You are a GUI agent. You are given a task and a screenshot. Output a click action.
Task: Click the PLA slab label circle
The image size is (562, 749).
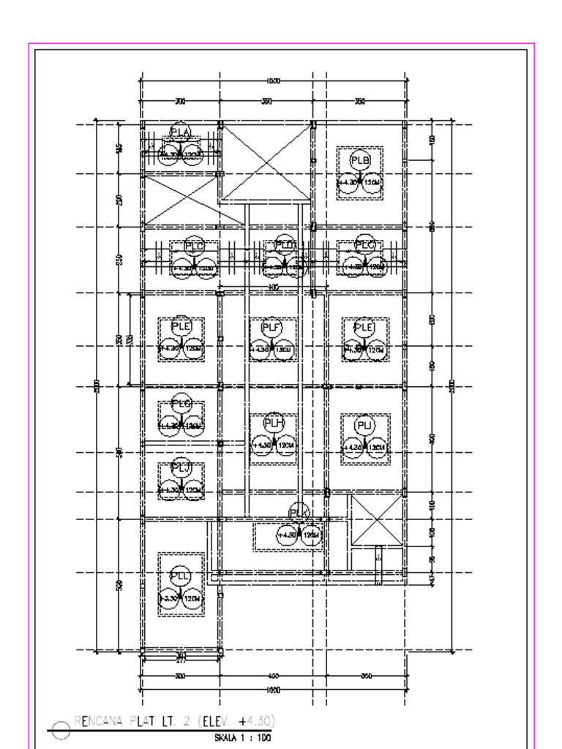point(180,132)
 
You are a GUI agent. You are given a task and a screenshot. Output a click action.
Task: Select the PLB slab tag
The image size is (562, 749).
point(360,161)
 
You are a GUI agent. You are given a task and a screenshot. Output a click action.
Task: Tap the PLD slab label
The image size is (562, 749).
point(284,246)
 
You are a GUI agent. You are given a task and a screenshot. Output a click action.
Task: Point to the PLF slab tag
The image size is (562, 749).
point(271,328)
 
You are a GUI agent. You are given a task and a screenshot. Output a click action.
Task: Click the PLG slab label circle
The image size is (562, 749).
point(181,404)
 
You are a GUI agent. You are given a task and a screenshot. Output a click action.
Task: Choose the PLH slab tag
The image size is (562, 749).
point(273,423)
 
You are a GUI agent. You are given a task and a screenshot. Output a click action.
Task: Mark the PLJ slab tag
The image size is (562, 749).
point(181,467)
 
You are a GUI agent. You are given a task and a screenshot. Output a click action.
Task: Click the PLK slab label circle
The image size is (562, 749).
point(299,513)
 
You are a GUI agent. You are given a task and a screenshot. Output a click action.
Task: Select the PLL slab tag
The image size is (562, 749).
point(180,576)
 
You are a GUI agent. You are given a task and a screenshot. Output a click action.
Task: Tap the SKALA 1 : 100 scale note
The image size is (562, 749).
point(242,738)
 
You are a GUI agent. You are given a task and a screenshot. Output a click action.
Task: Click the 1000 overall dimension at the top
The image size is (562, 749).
point(274,81)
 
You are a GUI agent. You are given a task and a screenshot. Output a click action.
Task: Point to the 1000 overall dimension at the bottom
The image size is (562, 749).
point(274,690)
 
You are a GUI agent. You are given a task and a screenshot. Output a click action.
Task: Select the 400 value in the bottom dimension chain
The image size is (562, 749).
point(274,676)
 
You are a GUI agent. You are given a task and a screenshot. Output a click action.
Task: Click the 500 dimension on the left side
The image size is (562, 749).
point(120,584)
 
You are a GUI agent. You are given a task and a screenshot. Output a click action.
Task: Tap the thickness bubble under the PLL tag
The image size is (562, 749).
point(192,599)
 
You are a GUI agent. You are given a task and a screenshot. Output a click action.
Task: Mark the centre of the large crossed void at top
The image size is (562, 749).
point(266,162)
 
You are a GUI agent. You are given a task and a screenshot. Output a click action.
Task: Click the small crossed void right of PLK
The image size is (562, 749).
point(378,520)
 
